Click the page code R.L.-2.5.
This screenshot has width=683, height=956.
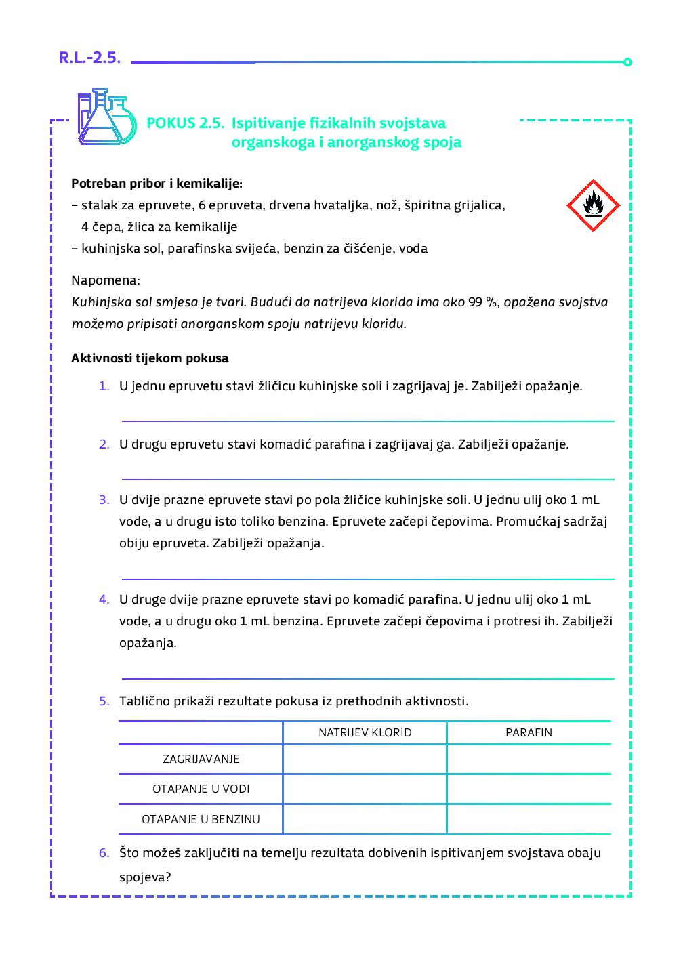(x=89, y=58)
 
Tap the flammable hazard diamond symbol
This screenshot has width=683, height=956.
(x=593, y=205)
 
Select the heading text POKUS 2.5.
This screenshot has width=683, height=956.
(x=185, y=123)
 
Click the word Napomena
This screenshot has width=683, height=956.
(x=105, y=280)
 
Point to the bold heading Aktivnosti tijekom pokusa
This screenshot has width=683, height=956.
(x=150, y=358)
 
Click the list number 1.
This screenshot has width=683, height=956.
(x=104, y=386)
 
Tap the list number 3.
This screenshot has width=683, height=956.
(x=104, y=500)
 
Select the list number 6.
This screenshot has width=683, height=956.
(x=104, y=853)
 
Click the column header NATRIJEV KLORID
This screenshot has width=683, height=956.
(x=365, y=732)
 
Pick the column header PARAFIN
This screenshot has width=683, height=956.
(x=529, y=732)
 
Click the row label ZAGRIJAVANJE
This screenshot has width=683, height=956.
(x=201, y=759)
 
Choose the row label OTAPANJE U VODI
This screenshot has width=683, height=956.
(x=201, y=789)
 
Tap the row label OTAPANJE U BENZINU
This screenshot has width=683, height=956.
(x=201, y=819)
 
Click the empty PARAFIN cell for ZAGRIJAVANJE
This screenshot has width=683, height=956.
(x=529, y=759)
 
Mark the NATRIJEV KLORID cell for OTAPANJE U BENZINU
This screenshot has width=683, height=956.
(x=365, y=819)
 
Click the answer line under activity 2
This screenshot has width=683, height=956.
(x=367, y=479)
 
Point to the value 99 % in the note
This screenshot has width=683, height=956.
(x=482, y=302)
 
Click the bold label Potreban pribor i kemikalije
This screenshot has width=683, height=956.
(x=157, y=184)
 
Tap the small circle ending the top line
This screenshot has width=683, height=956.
(x=627, y=62)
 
